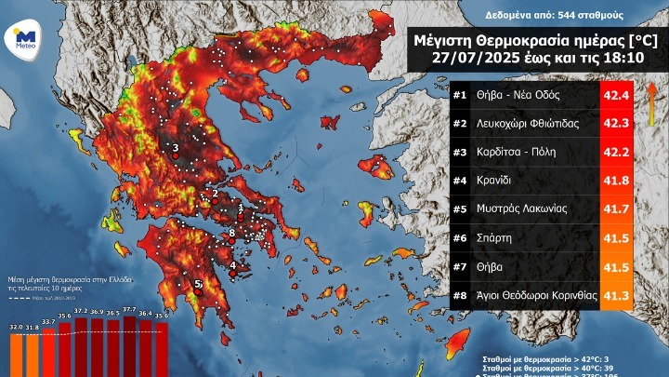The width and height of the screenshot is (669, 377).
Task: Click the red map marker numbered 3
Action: pyautogui.click(x=176, y=157)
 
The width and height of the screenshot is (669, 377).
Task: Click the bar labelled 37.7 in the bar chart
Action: pyautogui.click(x=130, y=348)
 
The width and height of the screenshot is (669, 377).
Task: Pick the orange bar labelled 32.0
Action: pyautogui.click(x=16, y=354)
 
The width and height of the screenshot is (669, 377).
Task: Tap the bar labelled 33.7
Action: pyautogui.click(x=48, y=352)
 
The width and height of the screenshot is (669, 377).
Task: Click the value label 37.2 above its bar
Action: pyautogui.click(x=81, y=311)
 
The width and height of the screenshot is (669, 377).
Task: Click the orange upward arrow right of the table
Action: pyautogui.click(x=651, y=97)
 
